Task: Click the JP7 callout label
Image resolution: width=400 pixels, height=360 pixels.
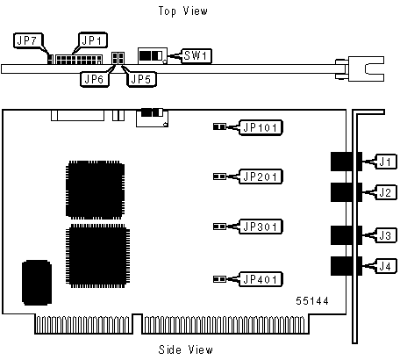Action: click(x=28, y=40)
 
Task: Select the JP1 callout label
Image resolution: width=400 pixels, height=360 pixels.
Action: click(x=93, y=40)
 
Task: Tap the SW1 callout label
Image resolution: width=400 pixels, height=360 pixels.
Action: click(x=196, y=55)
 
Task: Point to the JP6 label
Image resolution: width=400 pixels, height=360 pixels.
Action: click(x=95, y=79)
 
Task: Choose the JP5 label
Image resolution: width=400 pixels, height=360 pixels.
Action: click(x=141, y=79)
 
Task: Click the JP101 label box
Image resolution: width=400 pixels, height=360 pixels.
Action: click(x=261, y=127)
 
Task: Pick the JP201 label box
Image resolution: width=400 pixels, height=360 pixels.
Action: click(x=261, y=176)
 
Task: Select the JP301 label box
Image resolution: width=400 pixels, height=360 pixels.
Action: click(x=261, y=227)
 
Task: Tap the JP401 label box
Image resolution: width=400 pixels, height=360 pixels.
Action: click(x=261, y=279)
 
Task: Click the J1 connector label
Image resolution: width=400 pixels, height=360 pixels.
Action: click(x=386, y=162)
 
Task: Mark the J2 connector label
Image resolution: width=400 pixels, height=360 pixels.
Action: click(x=386, y=192)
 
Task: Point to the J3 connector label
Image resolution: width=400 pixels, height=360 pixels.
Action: click(x=386, y=235)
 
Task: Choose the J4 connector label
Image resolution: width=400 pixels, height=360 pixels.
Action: click(x=386, y=266)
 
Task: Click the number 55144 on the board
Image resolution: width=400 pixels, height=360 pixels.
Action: click(x=312, y=301)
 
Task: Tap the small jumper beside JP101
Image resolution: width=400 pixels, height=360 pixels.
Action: click(x=219, y=126)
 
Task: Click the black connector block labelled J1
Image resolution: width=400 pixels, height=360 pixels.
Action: click(x=346, y=162)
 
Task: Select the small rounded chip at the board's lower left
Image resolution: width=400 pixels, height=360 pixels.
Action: click(x=37, y=283)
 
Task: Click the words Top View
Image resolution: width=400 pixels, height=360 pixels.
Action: click(x=183, y=11)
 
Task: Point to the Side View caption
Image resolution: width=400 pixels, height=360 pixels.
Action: click(x=186, y=349)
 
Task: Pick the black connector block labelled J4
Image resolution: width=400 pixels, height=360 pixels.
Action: click(x=346, y=266)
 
